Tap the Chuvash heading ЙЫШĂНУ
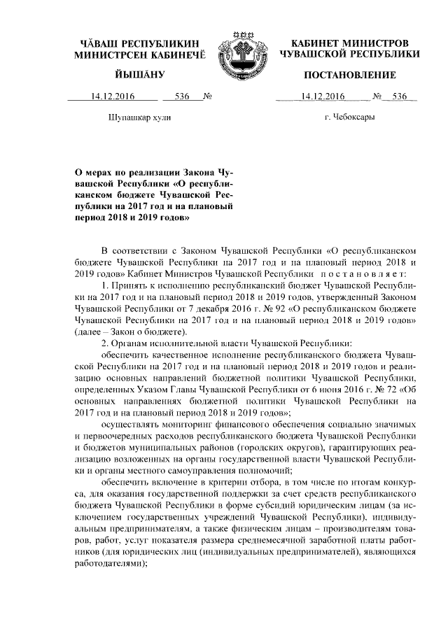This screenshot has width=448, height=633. tap(140, 75)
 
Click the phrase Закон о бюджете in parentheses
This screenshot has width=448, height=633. tap(148, 332)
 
